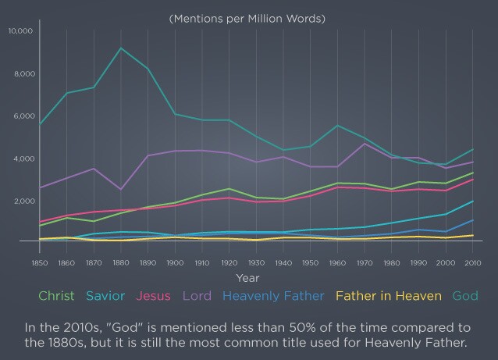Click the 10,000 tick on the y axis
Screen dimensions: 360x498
(x=20, y=31)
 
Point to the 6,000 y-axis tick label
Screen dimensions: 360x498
(x=22, y=116)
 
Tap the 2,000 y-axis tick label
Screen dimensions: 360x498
(x=22, y=201)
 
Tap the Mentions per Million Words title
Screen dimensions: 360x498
(x=247, y=17)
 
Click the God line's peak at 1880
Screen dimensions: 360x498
(x=121, y=48)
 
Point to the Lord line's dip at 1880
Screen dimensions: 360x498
(x=121, y=189)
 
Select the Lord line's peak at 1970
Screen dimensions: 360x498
(x=365, y=144)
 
